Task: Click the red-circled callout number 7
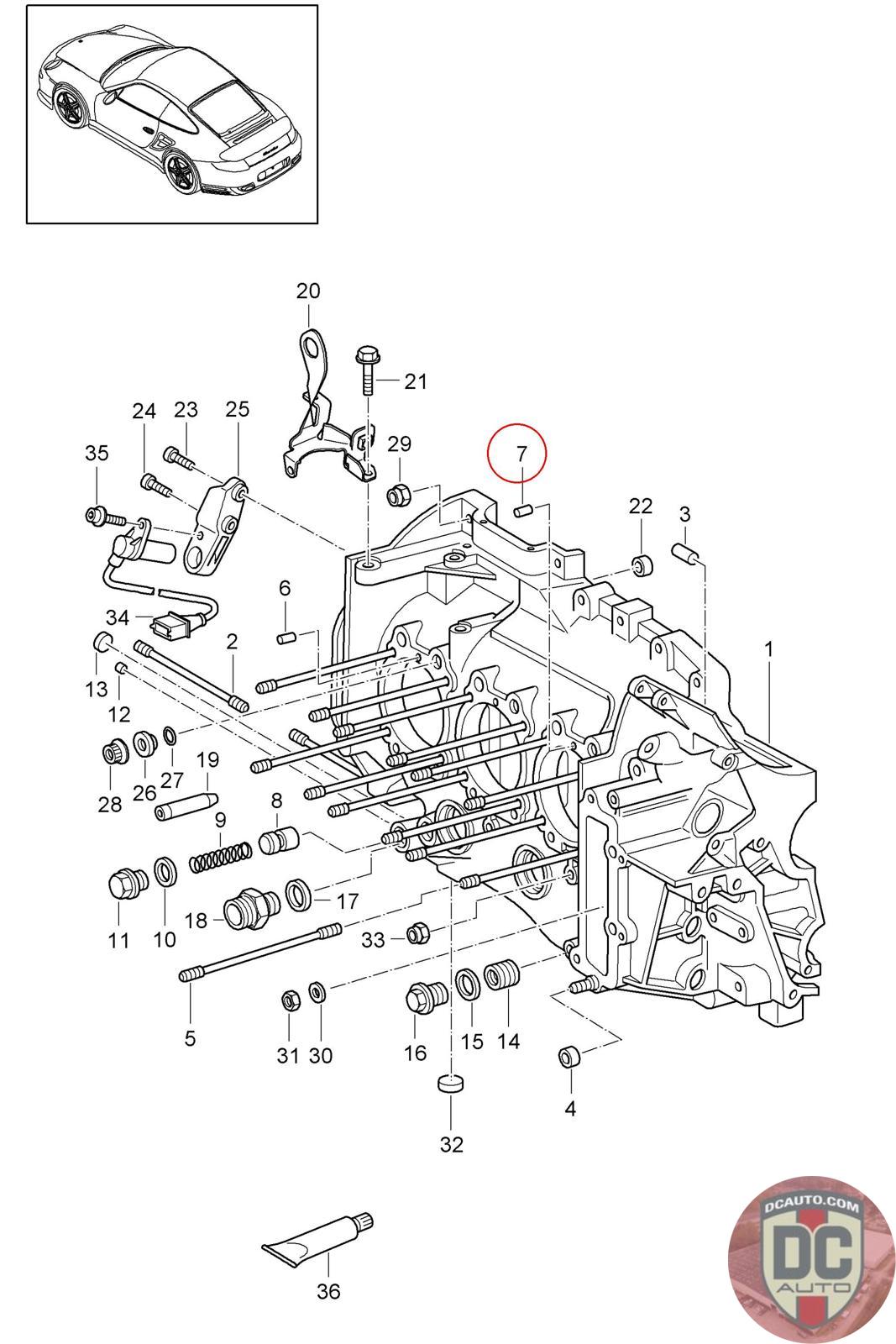tap(521, 454)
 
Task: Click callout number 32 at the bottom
tap(452, 1144)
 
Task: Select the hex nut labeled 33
tap(418, 932)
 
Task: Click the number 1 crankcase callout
tap(768, 649)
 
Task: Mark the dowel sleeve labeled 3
tap(685, 554)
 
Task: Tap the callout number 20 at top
tap(308, 291)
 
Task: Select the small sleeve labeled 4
tap(569, 1057)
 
